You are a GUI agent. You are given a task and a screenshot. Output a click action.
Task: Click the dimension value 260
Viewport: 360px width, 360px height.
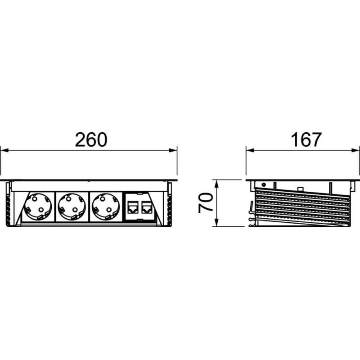[x=91, y=140]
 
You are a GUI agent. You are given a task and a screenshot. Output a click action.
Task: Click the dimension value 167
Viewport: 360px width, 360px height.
[x=306, y=140]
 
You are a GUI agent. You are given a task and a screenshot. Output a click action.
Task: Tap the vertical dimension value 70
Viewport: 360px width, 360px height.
[x=206, y=203]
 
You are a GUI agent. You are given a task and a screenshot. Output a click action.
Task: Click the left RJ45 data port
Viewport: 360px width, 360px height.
[x=133, y=207]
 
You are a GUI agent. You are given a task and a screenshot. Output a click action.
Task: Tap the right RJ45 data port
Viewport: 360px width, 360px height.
[x=146, y=207]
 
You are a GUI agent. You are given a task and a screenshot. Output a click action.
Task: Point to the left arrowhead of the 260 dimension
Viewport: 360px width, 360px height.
[x=4, y=150]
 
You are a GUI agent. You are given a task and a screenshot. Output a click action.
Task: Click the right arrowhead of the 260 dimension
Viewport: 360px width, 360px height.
[x=173, y=150]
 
